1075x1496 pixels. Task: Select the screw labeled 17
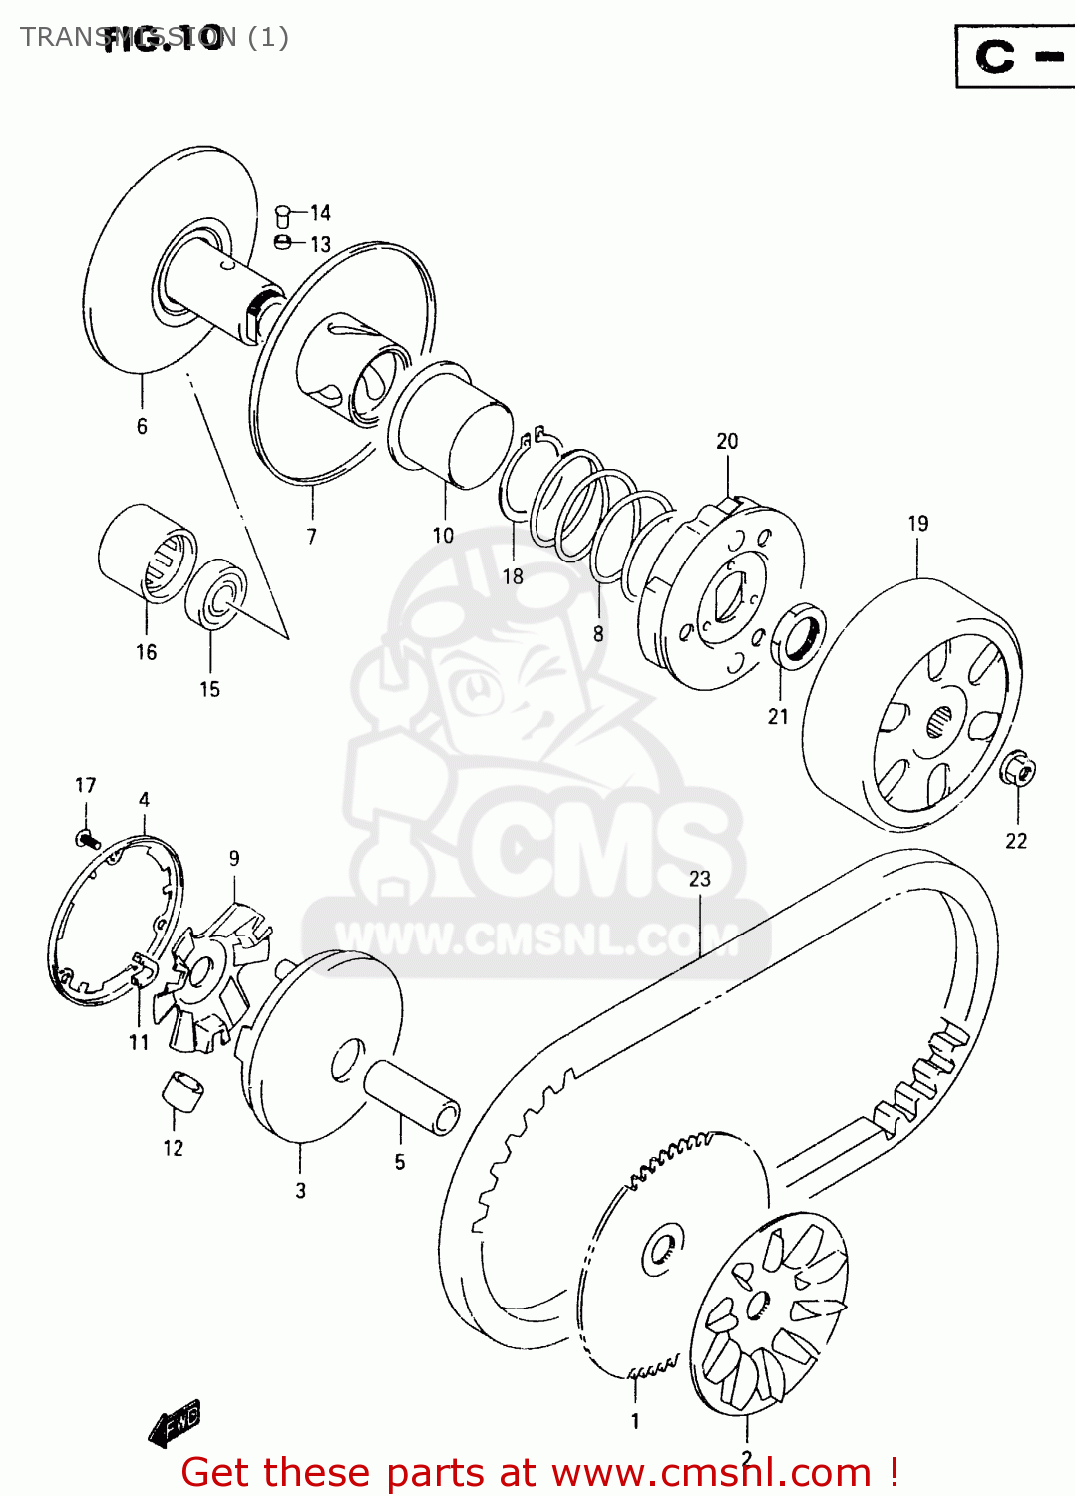[87, 839]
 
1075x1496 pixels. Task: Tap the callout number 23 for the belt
[700, 879]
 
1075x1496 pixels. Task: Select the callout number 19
[918, 524]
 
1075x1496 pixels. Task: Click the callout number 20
[727, 441]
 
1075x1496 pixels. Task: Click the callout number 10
[443, 536]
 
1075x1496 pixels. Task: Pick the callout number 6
[142, 427]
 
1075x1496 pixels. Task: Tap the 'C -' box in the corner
[1013, 56]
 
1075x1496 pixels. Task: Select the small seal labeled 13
[283, 243]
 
